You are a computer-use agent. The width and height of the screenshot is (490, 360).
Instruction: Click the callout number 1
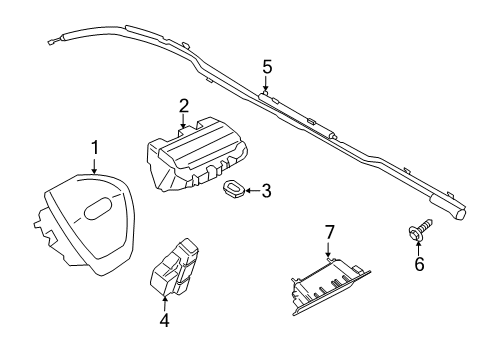click(95, 148)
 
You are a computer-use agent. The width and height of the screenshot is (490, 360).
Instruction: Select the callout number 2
click(184, 105)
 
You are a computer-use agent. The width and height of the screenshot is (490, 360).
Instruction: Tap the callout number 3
click(266, 190)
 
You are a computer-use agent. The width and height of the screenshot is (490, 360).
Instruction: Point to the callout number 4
click(164, 321)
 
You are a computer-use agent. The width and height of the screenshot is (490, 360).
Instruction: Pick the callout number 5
click(267, 67)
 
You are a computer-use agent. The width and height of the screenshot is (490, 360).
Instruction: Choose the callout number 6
click(420, 264)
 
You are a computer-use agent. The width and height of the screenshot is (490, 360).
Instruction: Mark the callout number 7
click(328, 232)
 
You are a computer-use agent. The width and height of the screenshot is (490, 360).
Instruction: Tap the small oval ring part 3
click(234, 189)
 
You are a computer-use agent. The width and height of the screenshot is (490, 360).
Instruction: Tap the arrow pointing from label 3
click(251, 190)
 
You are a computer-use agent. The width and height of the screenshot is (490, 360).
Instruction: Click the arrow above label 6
click(420, 248)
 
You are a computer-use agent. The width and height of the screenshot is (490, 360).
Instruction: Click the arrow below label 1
click(95, 166)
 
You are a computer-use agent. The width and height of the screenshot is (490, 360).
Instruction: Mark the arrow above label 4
click(164, 303)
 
